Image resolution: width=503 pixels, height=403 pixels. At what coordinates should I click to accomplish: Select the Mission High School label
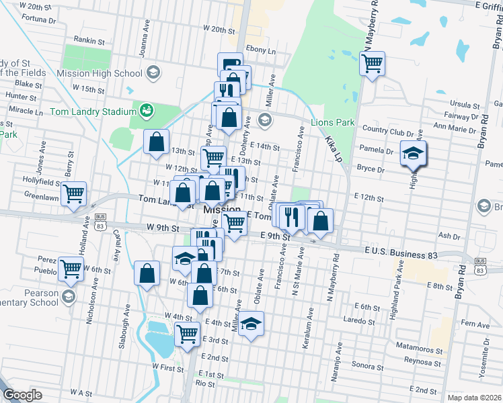coord(100,73)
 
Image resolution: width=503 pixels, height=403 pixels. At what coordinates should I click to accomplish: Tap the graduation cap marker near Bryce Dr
coord(413,154)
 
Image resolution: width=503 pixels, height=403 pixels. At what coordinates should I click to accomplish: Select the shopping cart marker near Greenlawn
coord(74,193)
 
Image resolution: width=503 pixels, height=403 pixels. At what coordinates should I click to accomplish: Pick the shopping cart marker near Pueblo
coord(71,269)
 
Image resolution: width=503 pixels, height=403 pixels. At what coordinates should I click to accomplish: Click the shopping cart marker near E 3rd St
coord(188,334)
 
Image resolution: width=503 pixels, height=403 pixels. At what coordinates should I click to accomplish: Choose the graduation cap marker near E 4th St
coord(250,324)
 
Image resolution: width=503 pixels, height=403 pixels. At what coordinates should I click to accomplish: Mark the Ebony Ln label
coord(262,50)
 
